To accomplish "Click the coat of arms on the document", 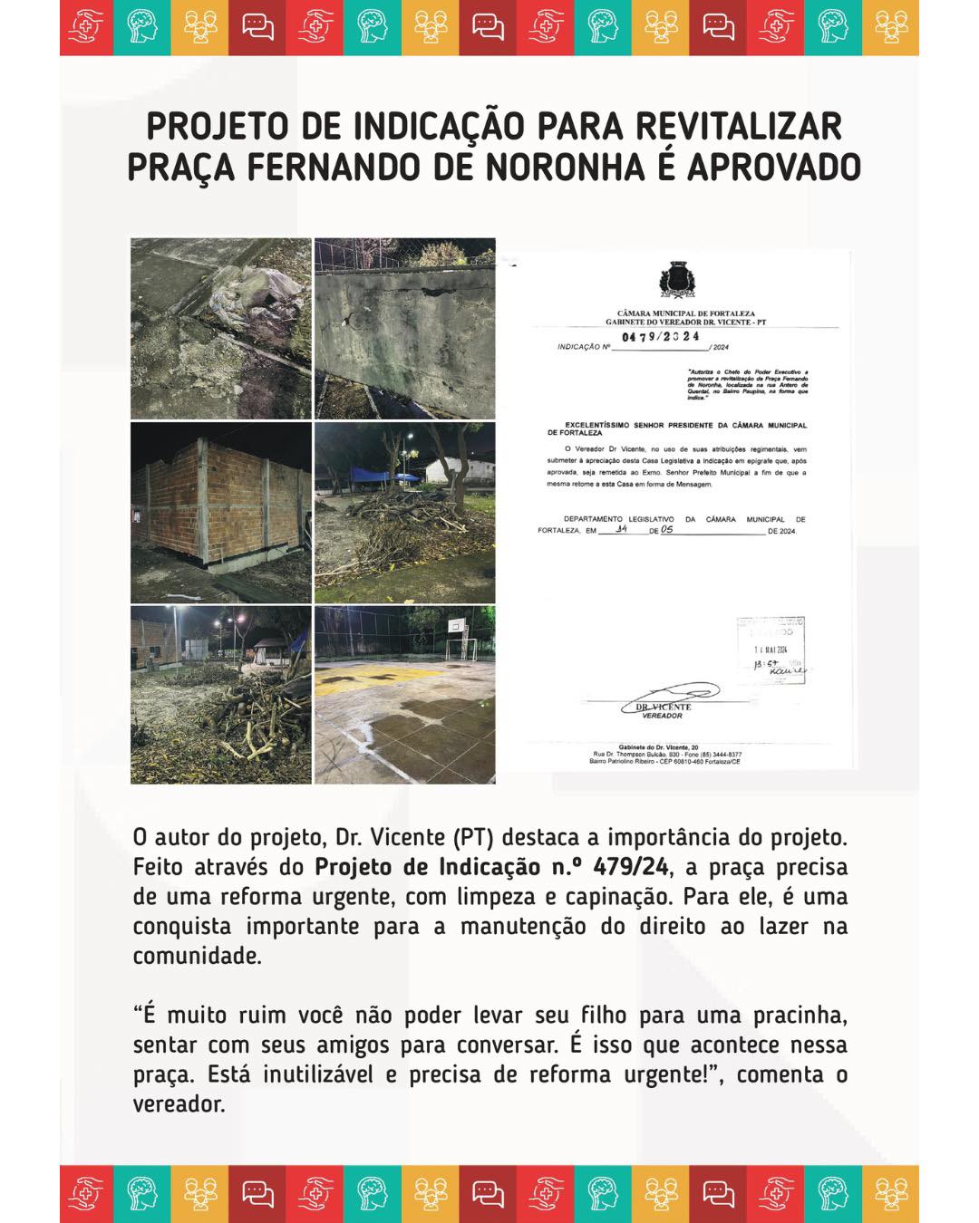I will coord(676,280).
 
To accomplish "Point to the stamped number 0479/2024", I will coord(661,336).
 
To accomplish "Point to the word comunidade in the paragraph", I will coord(197,957).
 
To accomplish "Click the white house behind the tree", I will coord(458,471).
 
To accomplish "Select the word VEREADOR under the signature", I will coord(662,716).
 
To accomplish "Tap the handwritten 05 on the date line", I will coord(666,529).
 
